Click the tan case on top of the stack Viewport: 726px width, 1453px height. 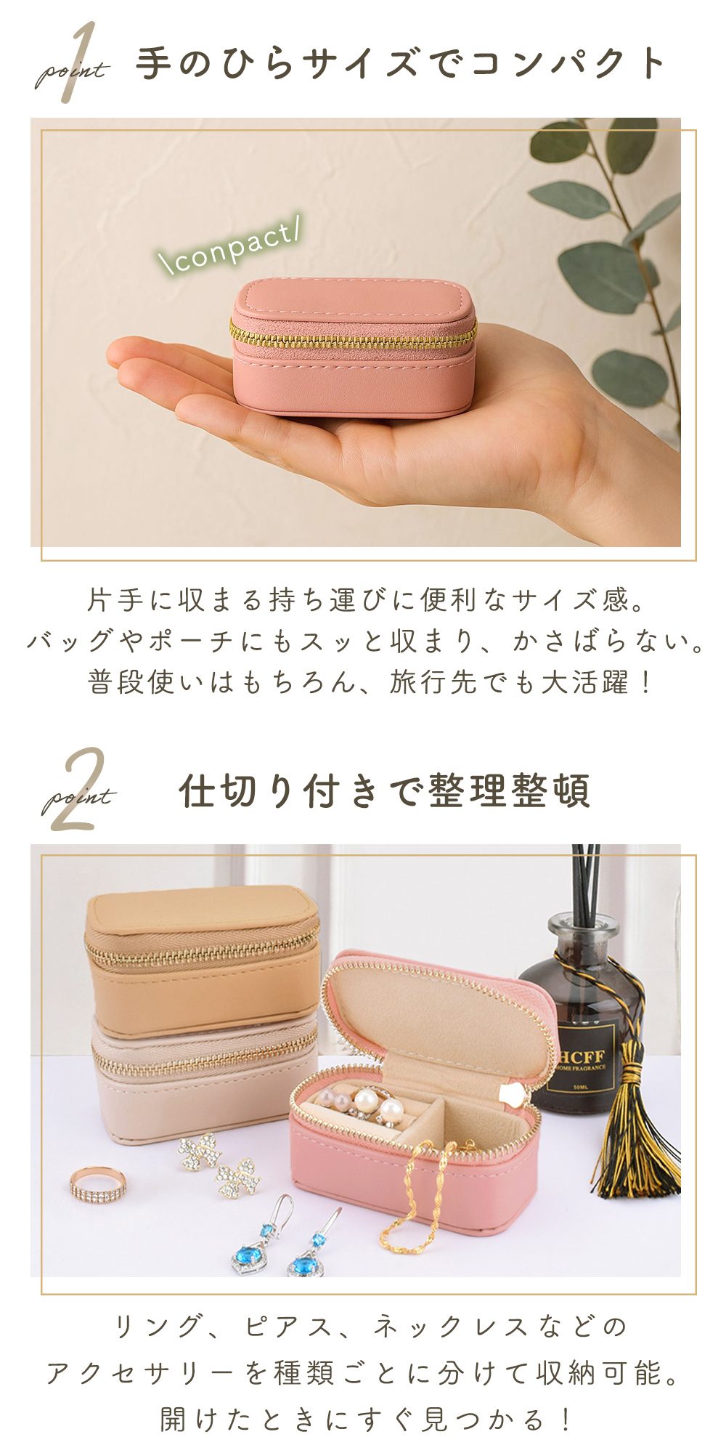point(202,959)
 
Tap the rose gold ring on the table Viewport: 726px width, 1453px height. point(97,1186)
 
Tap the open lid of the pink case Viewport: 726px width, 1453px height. point(436,1017)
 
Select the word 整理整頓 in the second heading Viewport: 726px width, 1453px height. point(509,790)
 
